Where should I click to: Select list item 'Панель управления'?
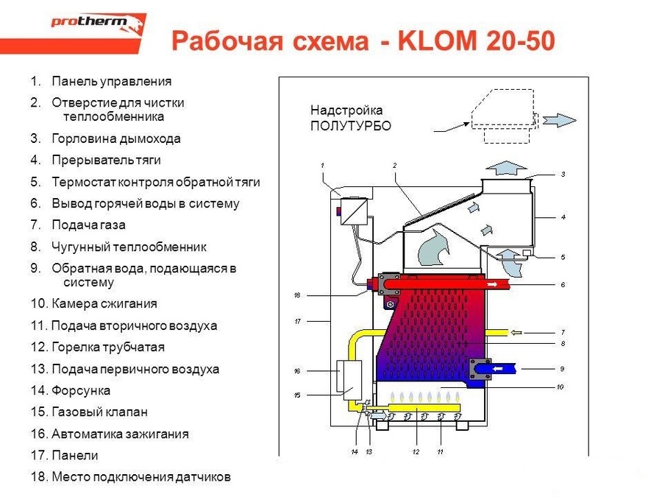[111, 82]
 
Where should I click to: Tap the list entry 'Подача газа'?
[88, 225]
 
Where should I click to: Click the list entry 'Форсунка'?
[80, 390]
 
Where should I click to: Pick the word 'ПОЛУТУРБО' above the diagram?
[350, 126]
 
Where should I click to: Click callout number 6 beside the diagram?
[562, 284]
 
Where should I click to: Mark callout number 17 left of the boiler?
[298, 321]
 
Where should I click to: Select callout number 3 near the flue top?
[563, 175]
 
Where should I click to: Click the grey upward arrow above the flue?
[507, 166]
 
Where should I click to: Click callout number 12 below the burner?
[416, 451]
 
